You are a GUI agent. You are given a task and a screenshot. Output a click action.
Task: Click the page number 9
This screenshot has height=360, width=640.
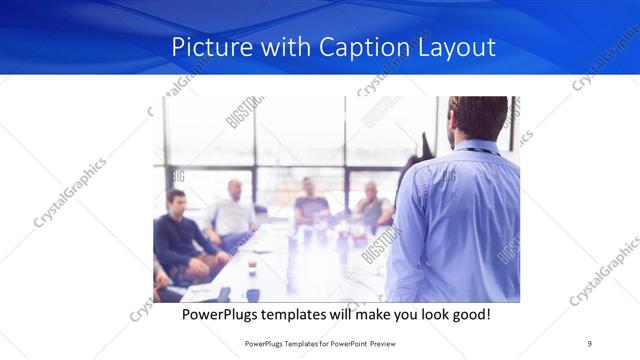[589, 343]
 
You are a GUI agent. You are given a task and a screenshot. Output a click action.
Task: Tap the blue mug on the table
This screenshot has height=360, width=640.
[253, 295]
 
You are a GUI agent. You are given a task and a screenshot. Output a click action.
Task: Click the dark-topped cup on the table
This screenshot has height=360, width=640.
[251, 265]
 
